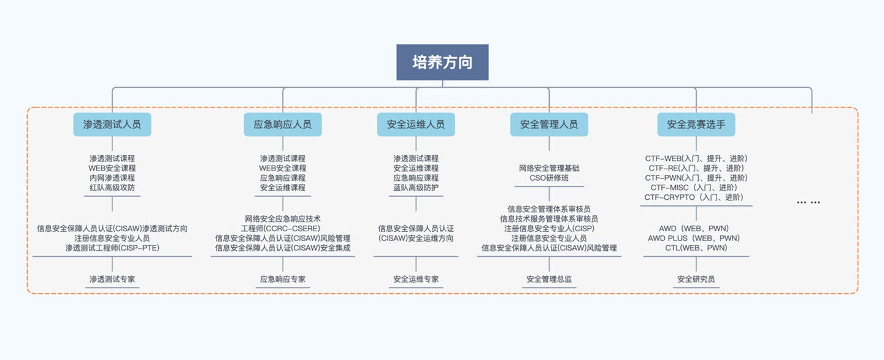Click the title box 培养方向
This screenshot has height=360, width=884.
coord(442,62)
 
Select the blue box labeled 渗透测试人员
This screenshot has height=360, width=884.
coord(112,124)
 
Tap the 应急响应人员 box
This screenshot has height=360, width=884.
coord(283,124)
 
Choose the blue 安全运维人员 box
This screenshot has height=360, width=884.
coord(416,124)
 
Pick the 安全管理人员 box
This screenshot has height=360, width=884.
coord(549,124)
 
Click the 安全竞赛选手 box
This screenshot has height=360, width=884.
coord(696,124)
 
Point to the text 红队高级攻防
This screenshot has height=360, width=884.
coord(112,188)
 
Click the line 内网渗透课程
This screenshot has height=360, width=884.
coord(112,178)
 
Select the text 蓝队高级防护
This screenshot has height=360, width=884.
coord(416,188)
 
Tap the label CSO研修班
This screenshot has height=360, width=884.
coord(549,178)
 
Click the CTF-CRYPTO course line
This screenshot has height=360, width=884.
coord(696,197)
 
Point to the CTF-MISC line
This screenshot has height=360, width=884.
coord(696,188)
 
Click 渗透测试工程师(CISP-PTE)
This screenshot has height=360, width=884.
coord(112,248)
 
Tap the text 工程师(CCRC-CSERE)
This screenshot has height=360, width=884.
coord(283,228)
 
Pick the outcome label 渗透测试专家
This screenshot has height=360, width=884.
coord(112,280)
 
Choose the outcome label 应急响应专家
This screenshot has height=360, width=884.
coord(283,280)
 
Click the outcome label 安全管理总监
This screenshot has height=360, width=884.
coord(549,280)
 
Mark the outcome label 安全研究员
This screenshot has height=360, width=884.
coord(696,280)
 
